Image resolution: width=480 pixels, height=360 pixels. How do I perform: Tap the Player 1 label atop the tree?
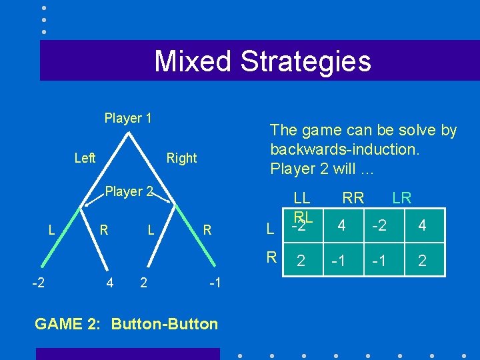[x=128, y=118]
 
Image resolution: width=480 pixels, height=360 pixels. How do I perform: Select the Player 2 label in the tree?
[x=130, y=191]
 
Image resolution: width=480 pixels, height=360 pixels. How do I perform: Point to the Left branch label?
[x=85, y=158]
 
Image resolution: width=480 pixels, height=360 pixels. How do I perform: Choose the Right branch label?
[x=181, y=158]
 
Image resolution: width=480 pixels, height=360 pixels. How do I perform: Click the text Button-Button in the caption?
[x=165, y=324]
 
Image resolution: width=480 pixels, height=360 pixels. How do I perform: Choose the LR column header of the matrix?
[x=402, y=197]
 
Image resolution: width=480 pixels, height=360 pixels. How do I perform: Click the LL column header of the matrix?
[x=302, y=197]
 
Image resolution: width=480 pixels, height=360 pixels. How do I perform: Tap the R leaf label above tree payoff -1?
[x=207, y=231]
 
